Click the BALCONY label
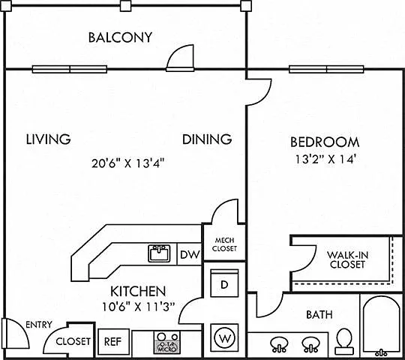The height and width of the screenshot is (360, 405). [x=120, y=37]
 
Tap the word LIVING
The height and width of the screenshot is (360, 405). [x=48, y=139]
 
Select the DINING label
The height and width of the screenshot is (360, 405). [x=207, y=139]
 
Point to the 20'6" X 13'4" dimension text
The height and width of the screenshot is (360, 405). [x=128, y=163]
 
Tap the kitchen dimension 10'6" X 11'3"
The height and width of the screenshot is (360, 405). [x=139, y=307]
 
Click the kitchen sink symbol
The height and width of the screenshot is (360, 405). [x=159, y=253]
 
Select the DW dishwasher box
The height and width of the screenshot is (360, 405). [x=189, y=254]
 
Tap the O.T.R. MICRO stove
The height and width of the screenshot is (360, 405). [x=168, y=343]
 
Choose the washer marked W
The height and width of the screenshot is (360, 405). [x=225, y=337]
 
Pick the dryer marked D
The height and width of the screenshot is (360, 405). [x=224, y=283]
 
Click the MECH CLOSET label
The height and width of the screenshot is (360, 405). [x=224, y=244]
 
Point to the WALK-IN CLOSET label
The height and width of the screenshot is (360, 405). [x=347, y=259]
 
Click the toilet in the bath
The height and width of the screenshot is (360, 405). [x=344, y=341]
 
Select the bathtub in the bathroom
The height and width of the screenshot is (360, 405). [x=381, y=326]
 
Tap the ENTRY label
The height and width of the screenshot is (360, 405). [x=39, y=324]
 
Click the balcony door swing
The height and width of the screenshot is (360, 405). [x=180, y=58]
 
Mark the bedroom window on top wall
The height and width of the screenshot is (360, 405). [x=326, y=69]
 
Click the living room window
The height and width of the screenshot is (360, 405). [x=70, y=69]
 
